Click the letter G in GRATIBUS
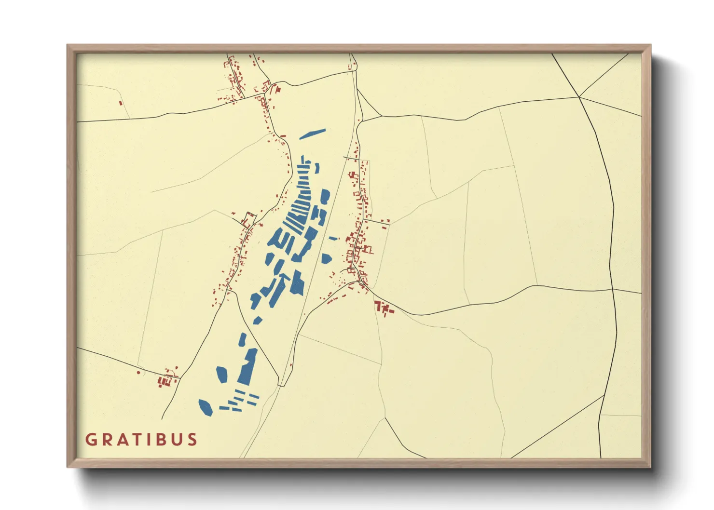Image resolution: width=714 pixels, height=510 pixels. tap(91, 440)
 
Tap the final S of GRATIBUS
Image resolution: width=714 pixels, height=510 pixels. tap(192, 440)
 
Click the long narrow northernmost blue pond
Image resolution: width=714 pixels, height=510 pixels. tap(312, 134)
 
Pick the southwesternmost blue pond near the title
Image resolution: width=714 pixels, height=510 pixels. tap(206, 407)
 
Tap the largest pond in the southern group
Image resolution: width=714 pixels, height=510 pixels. tap(247, 366)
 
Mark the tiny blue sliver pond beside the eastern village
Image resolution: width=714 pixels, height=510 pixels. tap(333, 238)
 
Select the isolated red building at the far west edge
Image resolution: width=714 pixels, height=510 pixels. tap(121, 102)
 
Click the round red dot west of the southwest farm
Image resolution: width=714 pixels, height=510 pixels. tap(138, 373)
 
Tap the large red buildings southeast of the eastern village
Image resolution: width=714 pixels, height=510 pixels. tap(383, 307)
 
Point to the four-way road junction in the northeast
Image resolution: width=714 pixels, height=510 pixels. tap(579, 97)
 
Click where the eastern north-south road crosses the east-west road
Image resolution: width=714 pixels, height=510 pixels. tap(612, 289)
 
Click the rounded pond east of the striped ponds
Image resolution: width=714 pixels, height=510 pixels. tap(325, 196)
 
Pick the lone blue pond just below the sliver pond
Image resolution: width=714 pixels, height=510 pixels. tap(327, 259)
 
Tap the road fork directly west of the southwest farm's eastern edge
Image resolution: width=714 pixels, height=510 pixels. tap(179, 376)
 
